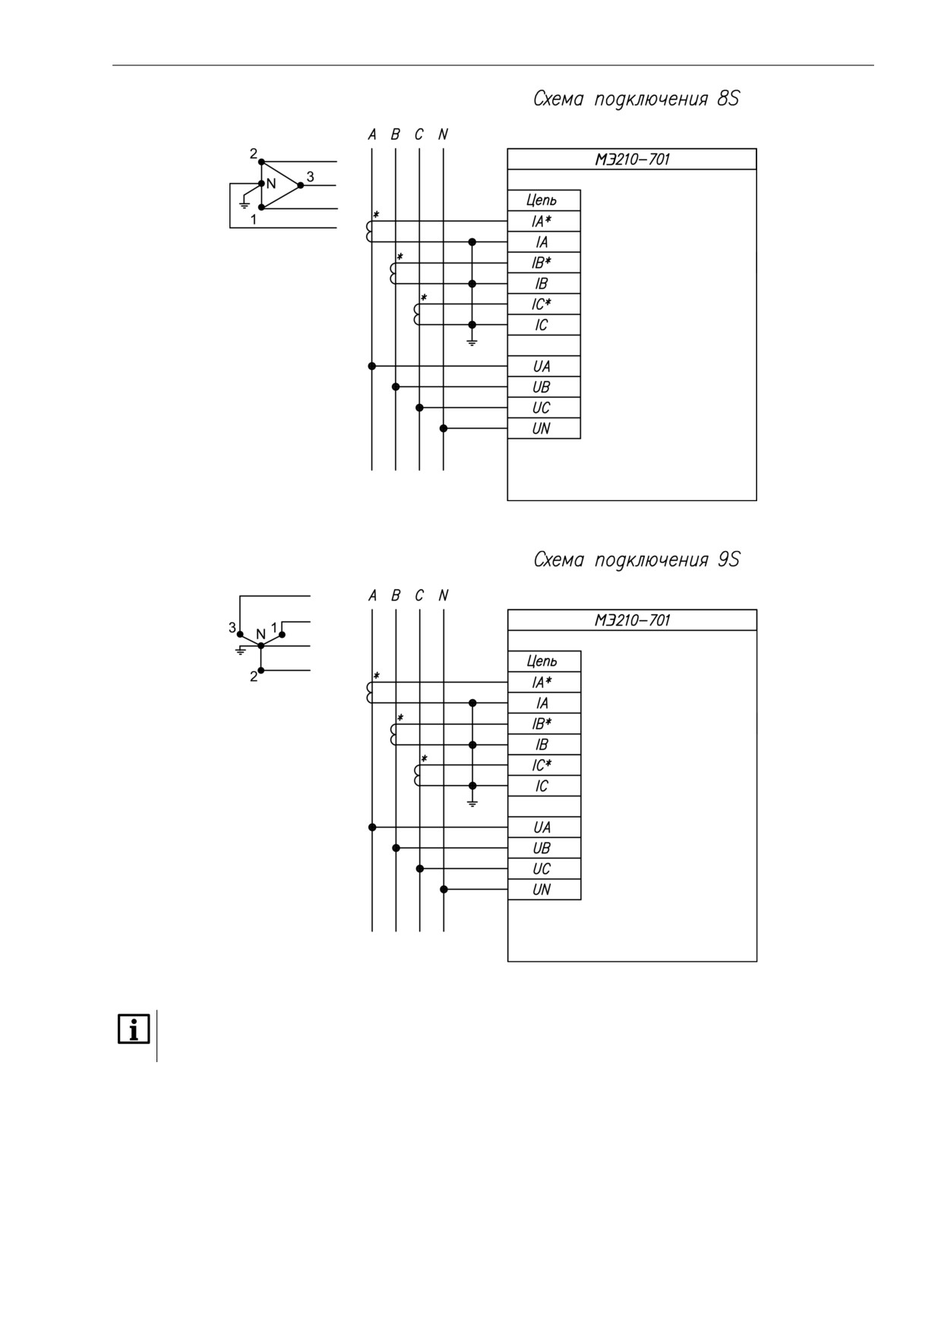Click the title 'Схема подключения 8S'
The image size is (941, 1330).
pos(636,99)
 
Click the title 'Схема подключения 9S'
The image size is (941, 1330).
pos(636,560)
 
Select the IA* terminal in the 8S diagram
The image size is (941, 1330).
pos(542,221)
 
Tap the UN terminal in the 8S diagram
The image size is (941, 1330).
pos(542,428)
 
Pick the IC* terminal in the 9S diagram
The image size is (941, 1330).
pos(542,765)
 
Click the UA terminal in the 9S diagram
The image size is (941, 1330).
pos(542,827)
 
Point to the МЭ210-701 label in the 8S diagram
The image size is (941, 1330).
pos(632,159)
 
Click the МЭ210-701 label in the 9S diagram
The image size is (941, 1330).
pos(632,620)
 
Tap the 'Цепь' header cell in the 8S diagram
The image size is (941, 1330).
pos(542,200)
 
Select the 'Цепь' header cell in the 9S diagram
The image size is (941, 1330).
pos(542,661)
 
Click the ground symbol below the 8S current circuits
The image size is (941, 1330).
pos(472,342)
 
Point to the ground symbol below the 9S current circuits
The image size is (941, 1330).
pos(472,803)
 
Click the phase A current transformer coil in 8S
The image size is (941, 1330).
pos(370,232)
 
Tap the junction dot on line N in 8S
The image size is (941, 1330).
pos(444,428)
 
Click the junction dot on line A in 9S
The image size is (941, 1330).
pos(372,827)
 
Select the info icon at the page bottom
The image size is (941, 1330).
pos(134,1030)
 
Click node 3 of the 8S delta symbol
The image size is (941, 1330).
pos(301,184)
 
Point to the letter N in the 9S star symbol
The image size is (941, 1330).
pos(261,634)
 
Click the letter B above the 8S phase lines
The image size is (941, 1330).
pos(395,134)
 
